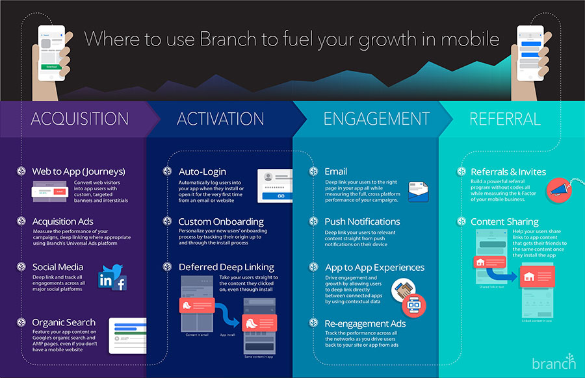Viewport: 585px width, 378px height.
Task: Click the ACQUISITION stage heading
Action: click(79, 119)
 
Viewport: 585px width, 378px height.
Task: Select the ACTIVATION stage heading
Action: click(220, 119)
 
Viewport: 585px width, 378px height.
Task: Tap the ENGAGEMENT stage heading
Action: click(376, 119)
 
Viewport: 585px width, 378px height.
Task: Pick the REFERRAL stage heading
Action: click(505, 119)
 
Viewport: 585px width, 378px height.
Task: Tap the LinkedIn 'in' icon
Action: click(105, 281)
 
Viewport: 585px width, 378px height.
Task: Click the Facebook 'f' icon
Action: click(120, 283)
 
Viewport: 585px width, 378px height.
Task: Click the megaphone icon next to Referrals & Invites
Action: click(556, 188)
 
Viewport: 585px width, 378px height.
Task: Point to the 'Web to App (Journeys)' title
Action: click(79, 171)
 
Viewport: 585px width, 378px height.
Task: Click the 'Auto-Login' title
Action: click(202, 171)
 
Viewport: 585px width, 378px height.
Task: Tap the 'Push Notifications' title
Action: click(362, 221)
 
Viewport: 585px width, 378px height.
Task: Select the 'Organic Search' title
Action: click(64, 322)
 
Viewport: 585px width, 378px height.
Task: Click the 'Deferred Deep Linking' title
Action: click(226, 267)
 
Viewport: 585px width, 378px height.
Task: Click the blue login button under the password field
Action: click(281, 195)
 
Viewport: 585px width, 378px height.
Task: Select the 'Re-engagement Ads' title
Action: click(365, 323)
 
